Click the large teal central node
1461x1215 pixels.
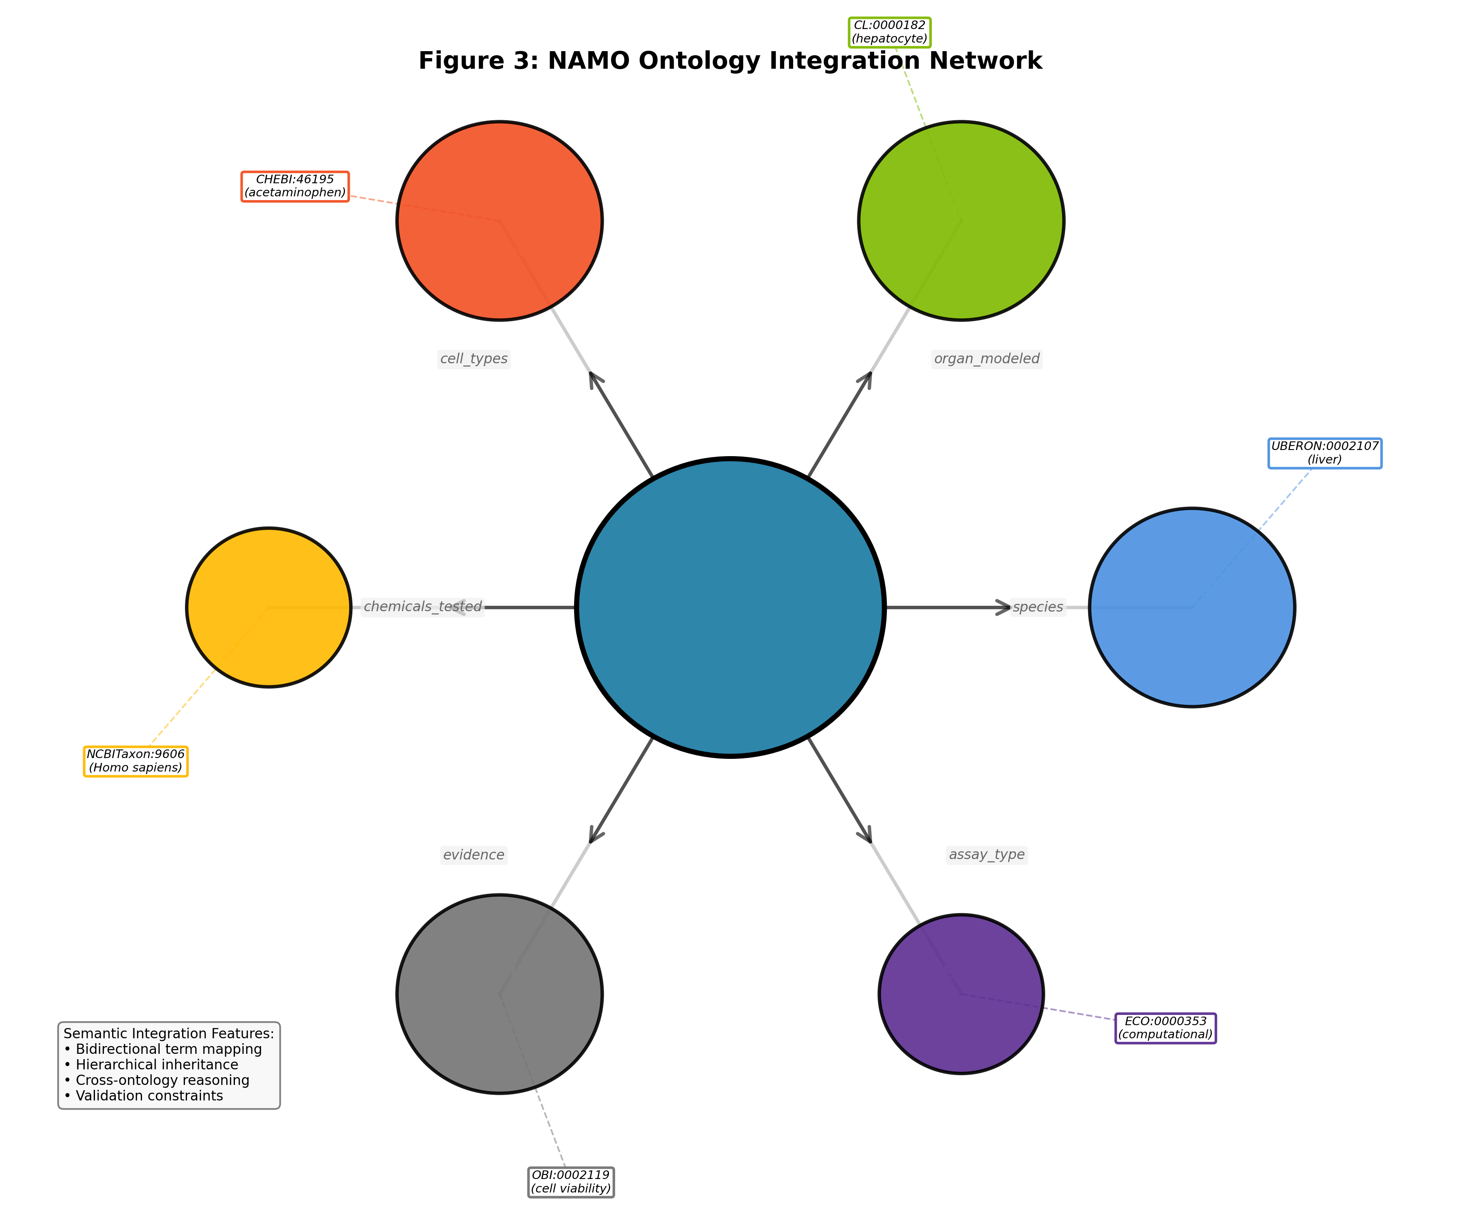click(730, 607)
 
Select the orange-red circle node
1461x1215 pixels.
click(500, 221)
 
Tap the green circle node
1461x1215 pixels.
click(961, 221)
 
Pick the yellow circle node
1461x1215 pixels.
click(268, 607)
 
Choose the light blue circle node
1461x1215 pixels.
click(1192, 607)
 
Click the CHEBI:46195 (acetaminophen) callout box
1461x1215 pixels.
click(295, 187)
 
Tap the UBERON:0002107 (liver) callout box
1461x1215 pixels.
click(1325, 453)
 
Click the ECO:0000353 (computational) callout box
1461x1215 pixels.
click(1166, 1028)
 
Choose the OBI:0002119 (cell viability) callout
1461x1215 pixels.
click(570, 1181)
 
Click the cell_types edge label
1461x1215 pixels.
click(474, 359)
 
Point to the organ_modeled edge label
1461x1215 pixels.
click(987, 359)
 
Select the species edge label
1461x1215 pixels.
click(1038, 607)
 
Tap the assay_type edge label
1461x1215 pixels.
click(987, 855)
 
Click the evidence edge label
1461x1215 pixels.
click(474, 855)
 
